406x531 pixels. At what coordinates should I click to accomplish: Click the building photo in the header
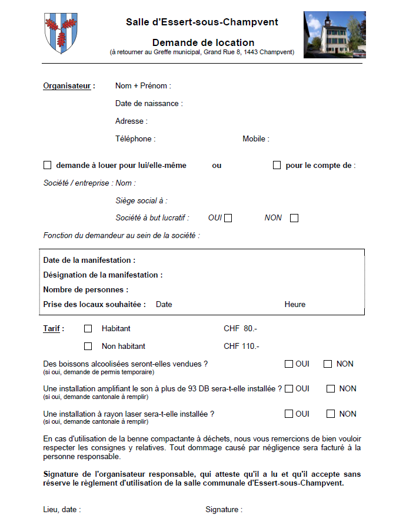pos(334,35)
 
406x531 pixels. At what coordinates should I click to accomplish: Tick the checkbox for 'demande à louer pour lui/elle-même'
pos(48,165)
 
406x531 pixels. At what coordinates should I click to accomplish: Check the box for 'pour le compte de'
pos(277,165)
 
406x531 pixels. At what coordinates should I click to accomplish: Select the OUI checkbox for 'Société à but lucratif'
pos(228,218)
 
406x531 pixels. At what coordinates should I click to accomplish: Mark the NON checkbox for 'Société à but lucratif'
pos(294,218)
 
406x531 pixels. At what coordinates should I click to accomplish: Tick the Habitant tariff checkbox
pos(88,328)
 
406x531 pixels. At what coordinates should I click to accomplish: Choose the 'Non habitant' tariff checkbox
pos(88,346)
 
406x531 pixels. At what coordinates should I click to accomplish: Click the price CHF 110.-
pos(241,346)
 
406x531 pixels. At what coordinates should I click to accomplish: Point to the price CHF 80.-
pos(240,328)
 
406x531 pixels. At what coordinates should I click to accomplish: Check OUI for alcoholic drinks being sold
pos(289,364)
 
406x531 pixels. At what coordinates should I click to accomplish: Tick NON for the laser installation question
pos(331,414)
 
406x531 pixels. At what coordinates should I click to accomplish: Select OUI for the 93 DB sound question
pos(289,388)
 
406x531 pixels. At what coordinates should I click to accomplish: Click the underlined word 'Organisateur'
pos(67,86)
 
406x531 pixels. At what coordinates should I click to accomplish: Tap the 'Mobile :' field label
pos(256,139)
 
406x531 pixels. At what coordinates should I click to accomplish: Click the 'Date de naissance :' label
pos(149,104)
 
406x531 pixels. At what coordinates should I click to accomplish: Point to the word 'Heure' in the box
pos(295,305)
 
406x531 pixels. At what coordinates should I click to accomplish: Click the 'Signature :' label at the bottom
pos(224,509)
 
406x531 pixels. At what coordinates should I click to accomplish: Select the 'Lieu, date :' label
pos(62,509)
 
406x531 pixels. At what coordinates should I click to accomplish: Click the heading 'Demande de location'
pos(203,42)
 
